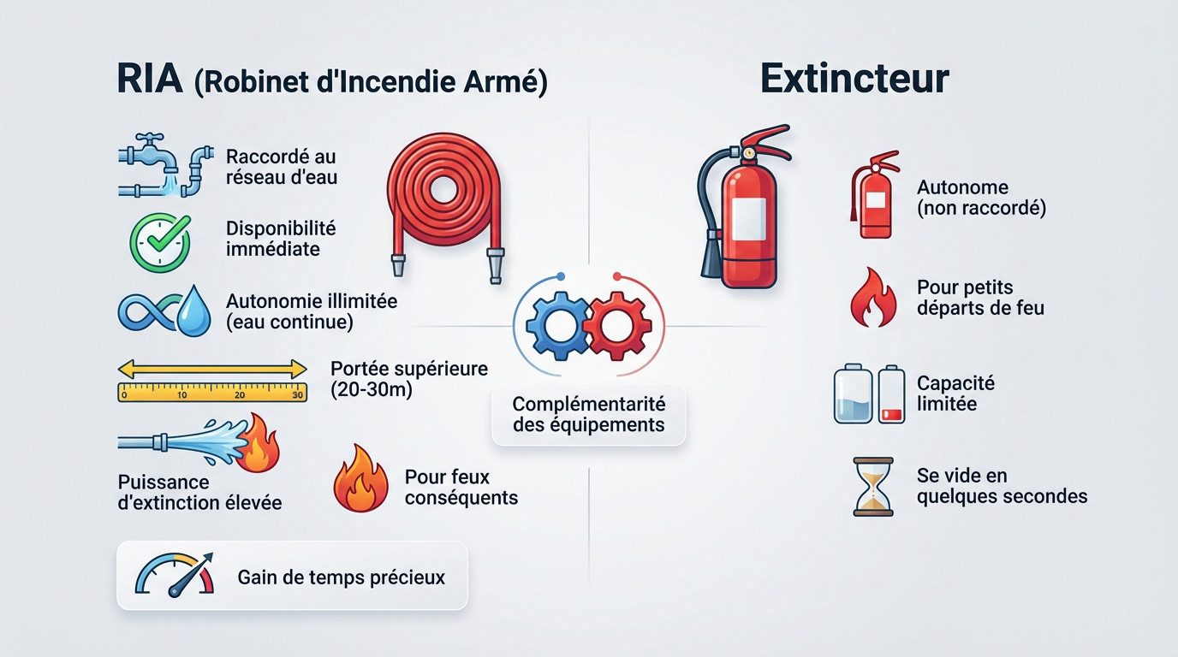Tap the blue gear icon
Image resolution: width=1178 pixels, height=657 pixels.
(556, 326)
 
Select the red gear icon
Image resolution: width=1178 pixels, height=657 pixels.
(617, 326)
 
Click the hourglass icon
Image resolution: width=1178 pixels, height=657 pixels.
(873, 486)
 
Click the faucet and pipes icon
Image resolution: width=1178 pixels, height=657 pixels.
(164, 165)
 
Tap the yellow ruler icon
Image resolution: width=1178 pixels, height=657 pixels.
(211, 382)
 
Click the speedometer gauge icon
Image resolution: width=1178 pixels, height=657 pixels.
(176, 576)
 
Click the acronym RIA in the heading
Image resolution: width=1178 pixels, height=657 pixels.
(149, 81)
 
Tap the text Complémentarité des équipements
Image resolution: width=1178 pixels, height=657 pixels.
(589, 414)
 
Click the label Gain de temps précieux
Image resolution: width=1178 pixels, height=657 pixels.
(341, 577)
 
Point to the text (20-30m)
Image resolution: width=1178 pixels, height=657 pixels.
(371, 391)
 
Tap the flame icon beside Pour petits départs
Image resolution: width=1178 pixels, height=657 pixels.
(873, 296)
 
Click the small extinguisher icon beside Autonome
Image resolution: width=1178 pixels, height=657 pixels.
(874, 195)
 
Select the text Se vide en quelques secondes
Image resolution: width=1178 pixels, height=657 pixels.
(1002, 486)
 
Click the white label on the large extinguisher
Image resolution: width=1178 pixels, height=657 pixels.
(748, 218)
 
